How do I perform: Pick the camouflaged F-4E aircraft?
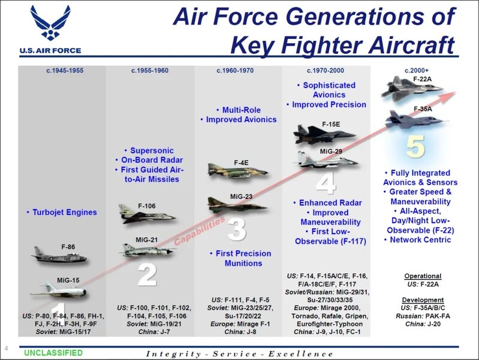pos(237,174)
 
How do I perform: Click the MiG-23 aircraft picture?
pos(237,205)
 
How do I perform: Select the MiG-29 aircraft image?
pos(327,159)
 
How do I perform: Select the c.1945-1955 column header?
pos(65,71)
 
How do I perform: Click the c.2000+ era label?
pos(418,71)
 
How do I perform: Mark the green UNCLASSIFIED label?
pos(53,353)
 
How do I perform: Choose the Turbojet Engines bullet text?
pos(62,212)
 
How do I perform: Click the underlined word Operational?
pos(423,276)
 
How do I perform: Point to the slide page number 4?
pos(6,349)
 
